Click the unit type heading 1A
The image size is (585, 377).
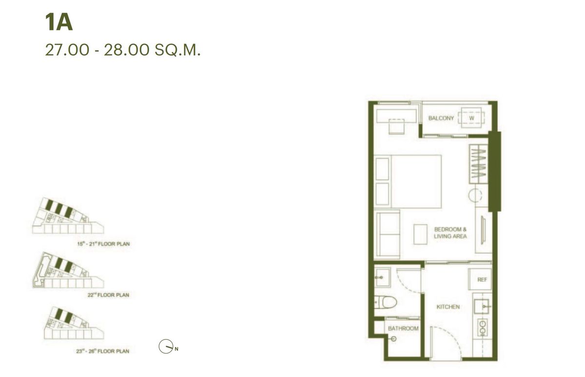click(x=58, y=23)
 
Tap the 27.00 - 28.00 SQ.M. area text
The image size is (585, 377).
click(x=122, y=50)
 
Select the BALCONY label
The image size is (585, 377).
click(x=441, y=118)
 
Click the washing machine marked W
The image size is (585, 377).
click(x=471, y=118)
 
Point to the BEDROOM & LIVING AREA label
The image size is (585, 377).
click(x=450, y=232)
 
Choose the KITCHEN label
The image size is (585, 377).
click(x=448, y=307)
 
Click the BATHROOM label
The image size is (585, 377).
click(x=403, y=328)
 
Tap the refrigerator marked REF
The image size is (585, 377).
click(x=482, y=280)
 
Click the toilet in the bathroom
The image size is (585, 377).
click(x=388, y=302)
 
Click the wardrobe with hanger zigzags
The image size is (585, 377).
click(x=479, y=164)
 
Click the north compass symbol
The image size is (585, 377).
click(x=165, y=346)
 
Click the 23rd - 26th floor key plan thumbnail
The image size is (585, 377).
click(x=73, y=324)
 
